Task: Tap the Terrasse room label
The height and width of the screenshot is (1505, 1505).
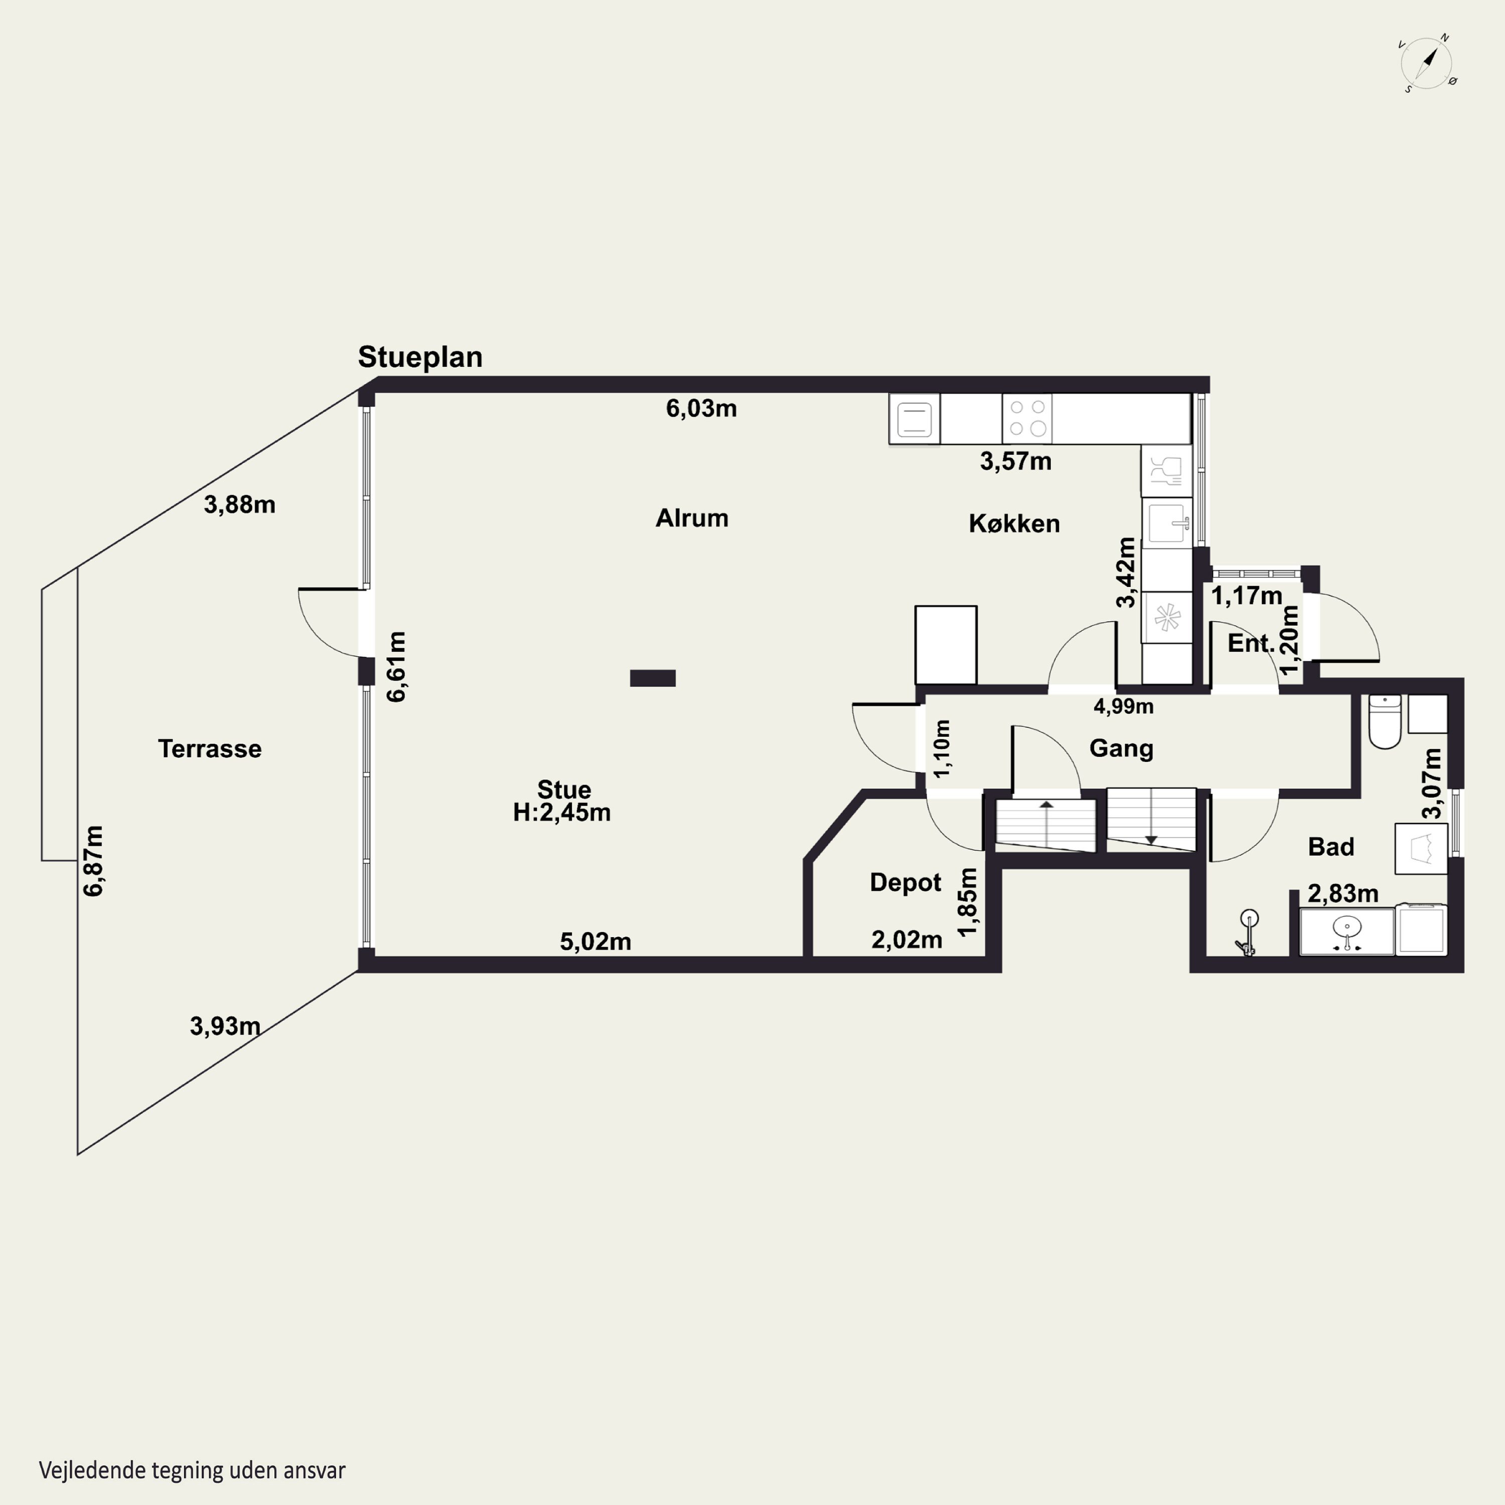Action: (x=210, y=748)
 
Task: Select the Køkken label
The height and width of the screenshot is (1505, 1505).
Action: (x=1014, y=523)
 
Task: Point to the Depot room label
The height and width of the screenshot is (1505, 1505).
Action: (x=905, y=882)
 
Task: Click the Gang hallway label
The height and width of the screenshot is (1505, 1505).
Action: (x=1121, y=748)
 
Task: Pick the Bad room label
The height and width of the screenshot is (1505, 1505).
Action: (x=1330, y=847)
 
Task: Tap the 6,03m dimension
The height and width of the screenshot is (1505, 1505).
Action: (x=701, y=408)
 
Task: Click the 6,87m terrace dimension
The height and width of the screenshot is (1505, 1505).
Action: (x=93, y=861)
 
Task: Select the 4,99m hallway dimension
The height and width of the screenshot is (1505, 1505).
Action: (x=1123, y=706)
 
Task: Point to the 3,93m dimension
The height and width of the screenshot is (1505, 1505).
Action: (x=225, y=1026)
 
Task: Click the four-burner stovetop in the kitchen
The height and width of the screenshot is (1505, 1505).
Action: (x=1027, y=418)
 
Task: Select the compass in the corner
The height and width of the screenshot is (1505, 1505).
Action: (x=1428, y=64)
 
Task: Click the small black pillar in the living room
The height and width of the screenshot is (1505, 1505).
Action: (x=653, y=678)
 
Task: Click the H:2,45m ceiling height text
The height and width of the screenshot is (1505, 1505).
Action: (x=562, y=813)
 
